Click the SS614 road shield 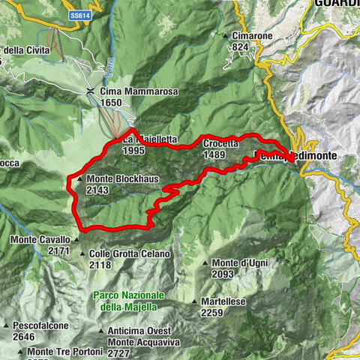[78, 14]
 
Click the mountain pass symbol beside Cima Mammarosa [91, 91]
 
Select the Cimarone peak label [253, 35]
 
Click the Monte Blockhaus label [121, 179]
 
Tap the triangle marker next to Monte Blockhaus [79, 180]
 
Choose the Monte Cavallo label [40, 240]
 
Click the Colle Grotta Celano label [129, 254]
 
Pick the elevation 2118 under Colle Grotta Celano [100, 265]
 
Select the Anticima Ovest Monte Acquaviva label [138, 336]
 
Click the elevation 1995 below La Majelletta [132, 151]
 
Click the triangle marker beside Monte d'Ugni [205, 263]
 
